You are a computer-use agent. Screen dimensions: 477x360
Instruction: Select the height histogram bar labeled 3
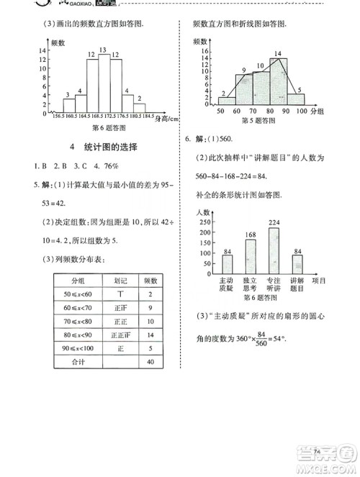67,105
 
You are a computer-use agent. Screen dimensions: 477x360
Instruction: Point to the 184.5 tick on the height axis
147,116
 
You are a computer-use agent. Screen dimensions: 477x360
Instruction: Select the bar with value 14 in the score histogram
278,83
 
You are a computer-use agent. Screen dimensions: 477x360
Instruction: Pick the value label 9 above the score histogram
245,69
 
